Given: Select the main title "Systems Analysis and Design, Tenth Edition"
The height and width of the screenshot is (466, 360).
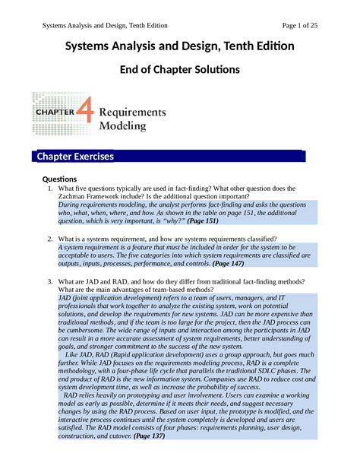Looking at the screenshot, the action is pos(180,47).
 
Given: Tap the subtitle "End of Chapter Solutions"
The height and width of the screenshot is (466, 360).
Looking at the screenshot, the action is pos(180,70).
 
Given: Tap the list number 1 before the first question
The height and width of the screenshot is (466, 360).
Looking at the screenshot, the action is pos(49,189).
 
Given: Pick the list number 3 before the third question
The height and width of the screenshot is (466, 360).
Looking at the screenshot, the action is pos(49,282).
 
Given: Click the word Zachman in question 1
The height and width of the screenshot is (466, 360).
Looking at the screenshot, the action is pos(74,197).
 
